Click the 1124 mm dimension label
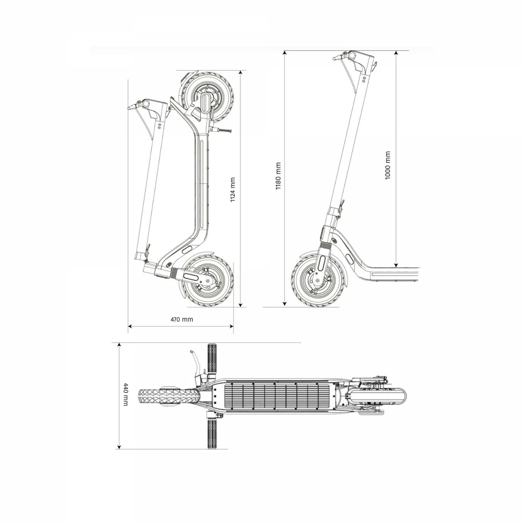click(x=233, y=190)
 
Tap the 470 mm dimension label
click(x=182, y=319)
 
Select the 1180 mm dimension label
click(x=278, y=176)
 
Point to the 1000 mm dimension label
click(x=388, y=166)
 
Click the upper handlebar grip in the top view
click(x=212, y=359)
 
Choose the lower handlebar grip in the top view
click(x=212, y=434)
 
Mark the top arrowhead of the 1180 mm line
click(x=285, y=53)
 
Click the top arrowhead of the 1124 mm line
click(x=240, y=73)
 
